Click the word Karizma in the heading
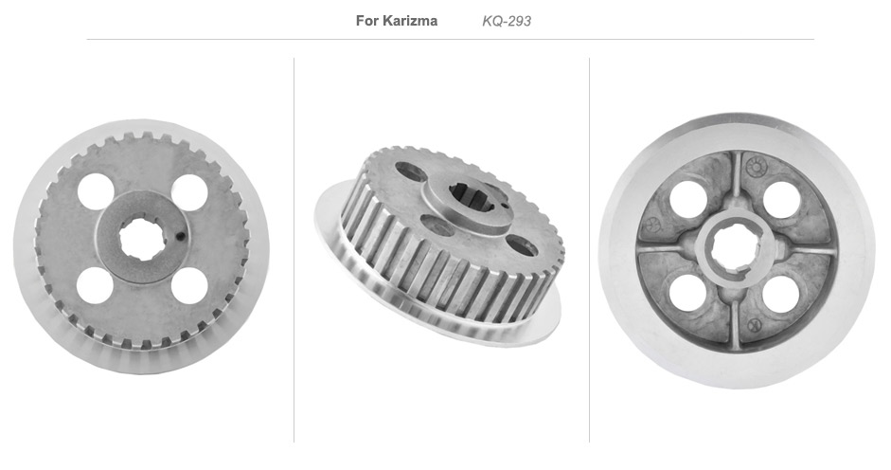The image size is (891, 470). pyautogui.click(x=410, y=21)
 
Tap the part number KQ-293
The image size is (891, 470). pyautogui.click(x=507, y=21)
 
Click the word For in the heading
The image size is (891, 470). pyautogui.click(x=366, y=21)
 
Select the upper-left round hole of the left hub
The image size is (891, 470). pyautogui.click(x=96, y=191)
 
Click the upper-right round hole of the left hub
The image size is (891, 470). pyautogui.click(x=189, y=192)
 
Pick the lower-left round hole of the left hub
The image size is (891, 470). pyautogui.click(x=95, y=285)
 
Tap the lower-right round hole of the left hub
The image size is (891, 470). pyautogui.click(x=189, y=285)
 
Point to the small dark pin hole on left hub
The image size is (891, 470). pyautogui.click(x=181, y=236)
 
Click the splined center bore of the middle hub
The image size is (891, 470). pyautogui.click(x=472, y=198)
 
